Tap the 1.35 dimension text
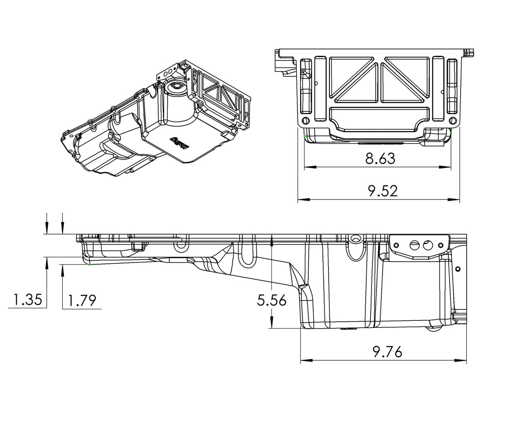coord(27,300)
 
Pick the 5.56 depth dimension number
coord(272,300)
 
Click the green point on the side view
coord(90,264)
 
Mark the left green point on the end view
coord(304,136)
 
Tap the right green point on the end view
coord(451,131)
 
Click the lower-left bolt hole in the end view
coord(306,121)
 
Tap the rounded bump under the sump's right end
coord(435,328)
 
